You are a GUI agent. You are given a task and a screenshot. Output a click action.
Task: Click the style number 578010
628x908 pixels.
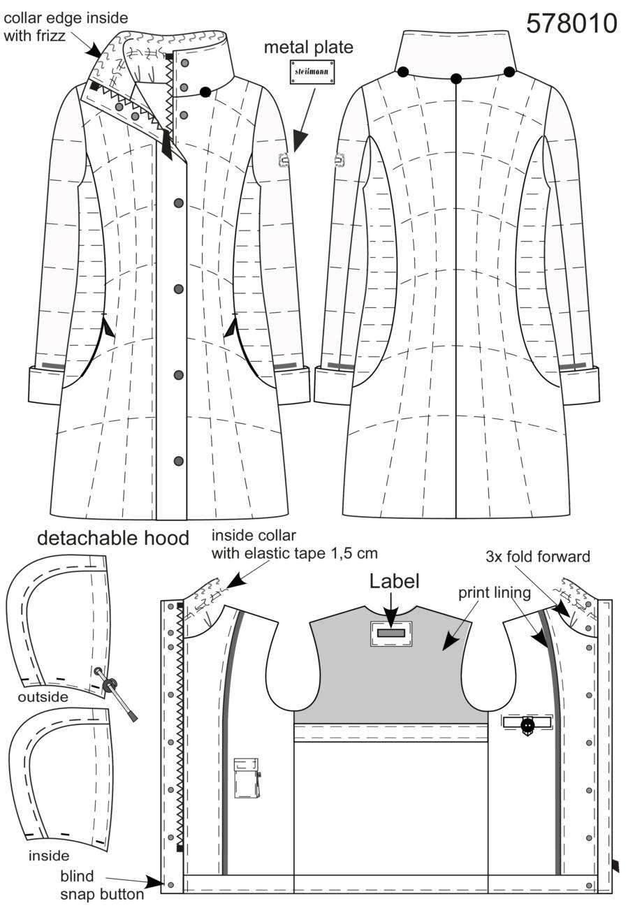571,24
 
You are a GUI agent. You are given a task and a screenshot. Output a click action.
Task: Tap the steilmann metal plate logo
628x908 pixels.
312,72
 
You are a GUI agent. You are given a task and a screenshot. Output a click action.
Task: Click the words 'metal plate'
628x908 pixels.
309,47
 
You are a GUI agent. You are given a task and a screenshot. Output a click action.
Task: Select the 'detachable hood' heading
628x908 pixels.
113,539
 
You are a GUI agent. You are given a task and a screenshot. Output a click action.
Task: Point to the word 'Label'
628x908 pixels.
394,582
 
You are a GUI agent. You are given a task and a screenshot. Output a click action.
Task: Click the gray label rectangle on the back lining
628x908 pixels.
391,633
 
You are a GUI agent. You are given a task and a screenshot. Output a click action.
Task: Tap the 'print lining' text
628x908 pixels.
495,594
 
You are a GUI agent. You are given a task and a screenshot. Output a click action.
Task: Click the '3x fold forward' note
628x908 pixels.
538,557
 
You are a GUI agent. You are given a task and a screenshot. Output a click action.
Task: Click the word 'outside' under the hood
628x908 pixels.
43,697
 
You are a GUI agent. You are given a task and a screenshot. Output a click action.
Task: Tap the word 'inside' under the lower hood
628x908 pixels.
49,856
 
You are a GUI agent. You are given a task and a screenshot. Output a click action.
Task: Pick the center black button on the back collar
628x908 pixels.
456,78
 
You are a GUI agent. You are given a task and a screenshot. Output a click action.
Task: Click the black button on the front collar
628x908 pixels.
205,92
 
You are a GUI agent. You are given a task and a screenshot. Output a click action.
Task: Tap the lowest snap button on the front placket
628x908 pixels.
178,461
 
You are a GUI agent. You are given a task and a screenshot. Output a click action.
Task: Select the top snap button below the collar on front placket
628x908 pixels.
178,203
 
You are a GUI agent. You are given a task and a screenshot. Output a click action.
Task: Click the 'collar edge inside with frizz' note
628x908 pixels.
66,27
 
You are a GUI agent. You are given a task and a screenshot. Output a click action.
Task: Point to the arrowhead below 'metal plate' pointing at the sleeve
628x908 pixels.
300,140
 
